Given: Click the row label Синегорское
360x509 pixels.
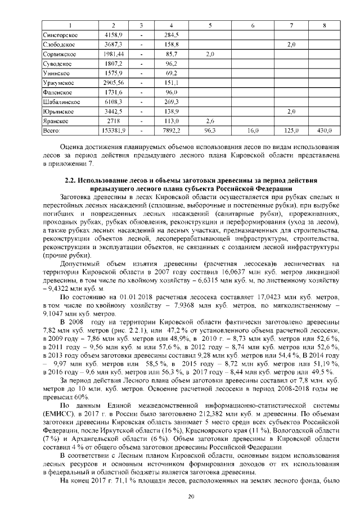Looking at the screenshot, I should pyautogui.click(x=60, y=35).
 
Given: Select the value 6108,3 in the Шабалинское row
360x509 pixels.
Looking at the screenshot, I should pyautogui.click(x=114, y=102).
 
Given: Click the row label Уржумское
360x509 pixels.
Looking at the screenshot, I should pyautogui.click(x=58, y=83).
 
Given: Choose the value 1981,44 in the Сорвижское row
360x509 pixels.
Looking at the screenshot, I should pyautogui.click(x=114, y=54).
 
